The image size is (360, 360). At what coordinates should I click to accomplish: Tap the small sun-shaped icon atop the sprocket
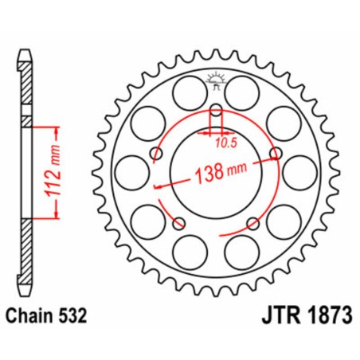213,79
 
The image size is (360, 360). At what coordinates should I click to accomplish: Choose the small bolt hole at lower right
252,221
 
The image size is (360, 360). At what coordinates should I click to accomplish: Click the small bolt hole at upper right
275,152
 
